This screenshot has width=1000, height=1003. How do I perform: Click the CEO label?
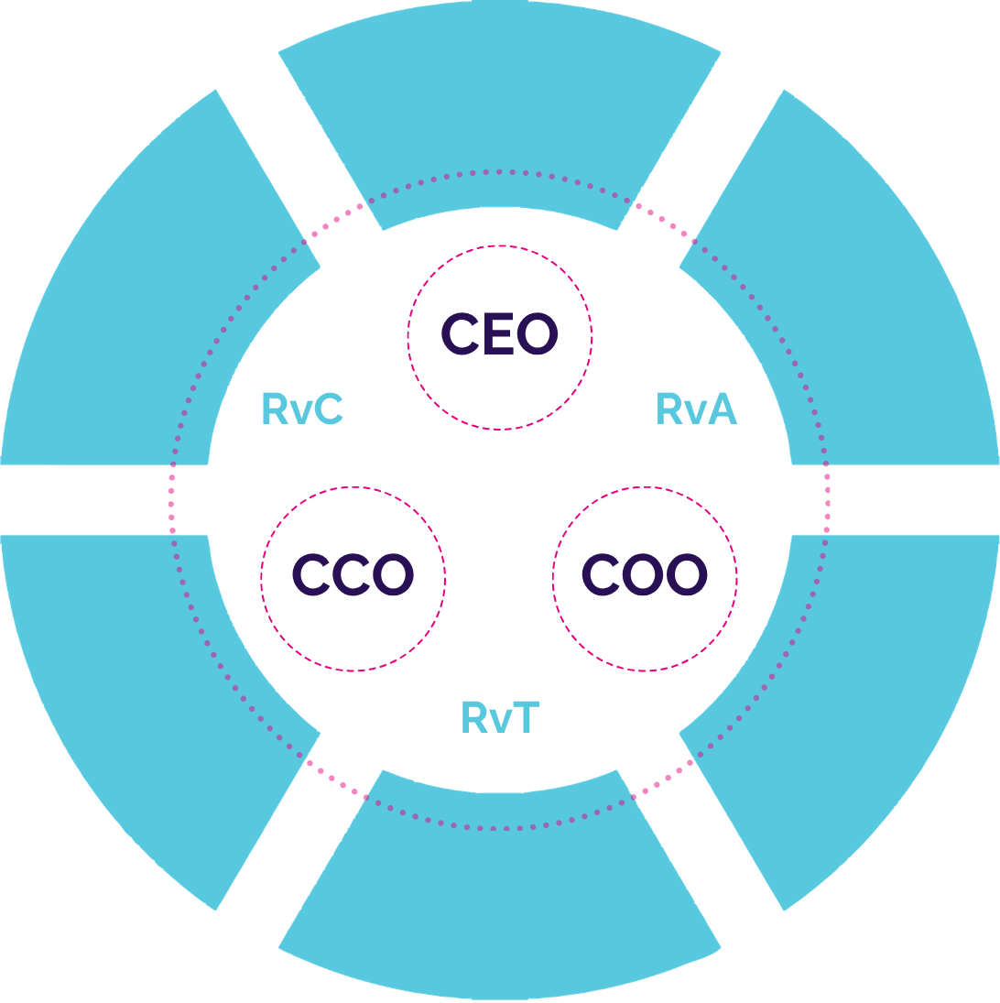pyautogui.click(x=499, y=335)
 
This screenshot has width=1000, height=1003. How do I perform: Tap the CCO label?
pyautogui.click(x=353, y=575)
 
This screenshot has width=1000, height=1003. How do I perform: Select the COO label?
pyautogui.click(x=645, y=575)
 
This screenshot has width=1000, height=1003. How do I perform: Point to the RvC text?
pyautogui.click(x=302, y=409)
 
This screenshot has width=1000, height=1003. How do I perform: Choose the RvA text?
pyautogui.click(x=697, y=409)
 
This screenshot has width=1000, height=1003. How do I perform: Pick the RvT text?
pyautogui.click(x=500, y=717)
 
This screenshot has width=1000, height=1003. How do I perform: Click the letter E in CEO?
pyautogui.click(x=500, y=335)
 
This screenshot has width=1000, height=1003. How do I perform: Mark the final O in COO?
pyautogui.click(x=687, y=575)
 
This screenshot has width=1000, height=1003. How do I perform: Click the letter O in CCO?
pyautogui.click(x=394, y=575)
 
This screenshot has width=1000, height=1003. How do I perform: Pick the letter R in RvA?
pyautogui.click(x=669, y=409)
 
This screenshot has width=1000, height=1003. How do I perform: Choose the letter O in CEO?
pyautogui.click(x=537, y=335)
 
